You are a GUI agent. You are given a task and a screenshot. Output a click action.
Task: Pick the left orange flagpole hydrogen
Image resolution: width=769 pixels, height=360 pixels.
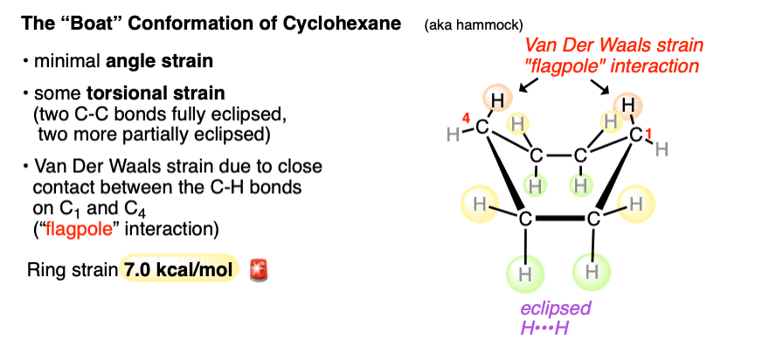click(496, 101)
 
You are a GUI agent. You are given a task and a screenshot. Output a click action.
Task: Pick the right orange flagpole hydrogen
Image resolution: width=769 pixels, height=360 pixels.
click(627, 105)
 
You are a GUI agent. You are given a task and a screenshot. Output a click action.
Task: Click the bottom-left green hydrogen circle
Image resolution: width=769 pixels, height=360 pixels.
click(525, 273)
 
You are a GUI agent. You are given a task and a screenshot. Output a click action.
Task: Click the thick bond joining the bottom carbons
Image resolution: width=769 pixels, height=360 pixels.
click(560, 216)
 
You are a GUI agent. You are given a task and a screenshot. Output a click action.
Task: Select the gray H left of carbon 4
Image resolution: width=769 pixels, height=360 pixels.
click(452, 134)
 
